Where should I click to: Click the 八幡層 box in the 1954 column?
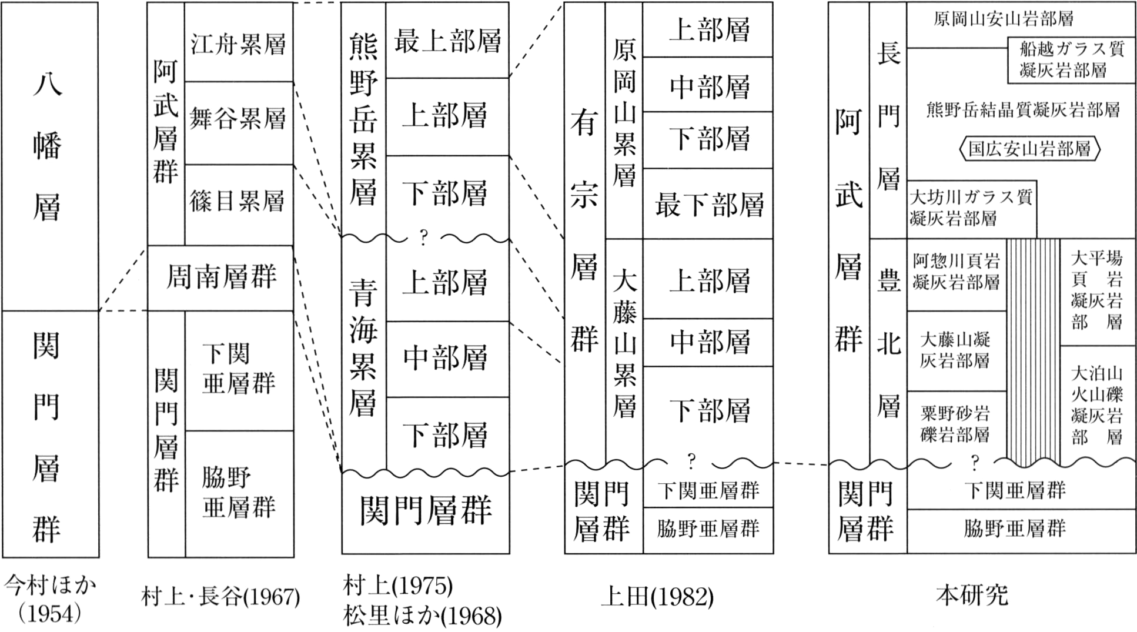[x=50, y=156]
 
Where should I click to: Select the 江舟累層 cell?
[x=239, y=42]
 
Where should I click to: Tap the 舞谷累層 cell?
[x=239, y=123]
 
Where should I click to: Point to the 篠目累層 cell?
[x=239, y=205]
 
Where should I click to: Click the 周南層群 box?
[x=220, y=278]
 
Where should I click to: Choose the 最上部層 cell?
[x=447, y=40]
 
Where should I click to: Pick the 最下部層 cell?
[x=708, y=203]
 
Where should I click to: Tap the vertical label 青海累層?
[x=363, y=347]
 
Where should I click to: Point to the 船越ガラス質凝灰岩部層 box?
[x=1071, y=60]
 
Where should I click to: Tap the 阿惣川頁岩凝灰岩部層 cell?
[x=957, y=275]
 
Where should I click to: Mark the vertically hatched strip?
[x=1034, y=351]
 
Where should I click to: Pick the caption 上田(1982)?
[x=657, y=597]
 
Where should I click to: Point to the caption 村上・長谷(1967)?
[x=220, y=597]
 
